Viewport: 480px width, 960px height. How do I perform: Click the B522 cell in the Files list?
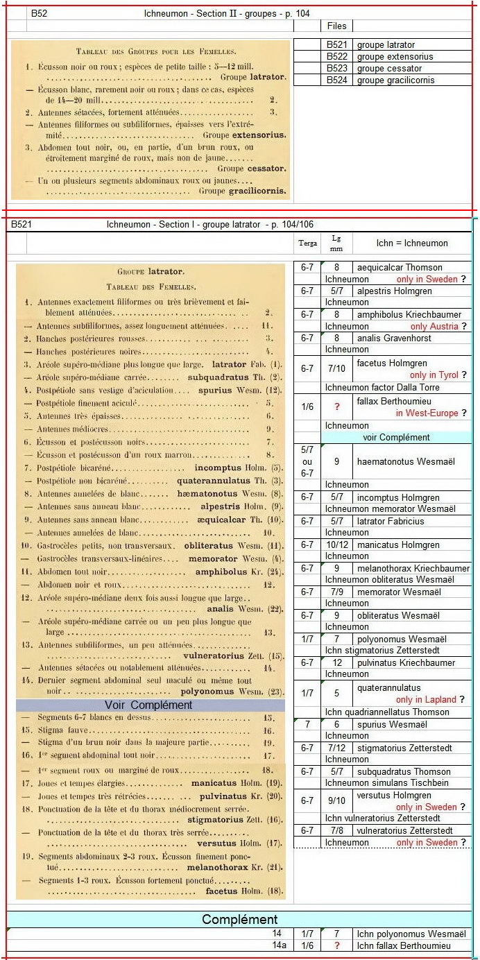tap(337, 56)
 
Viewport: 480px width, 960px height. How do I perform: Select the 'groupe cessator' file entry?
tap(389, 68)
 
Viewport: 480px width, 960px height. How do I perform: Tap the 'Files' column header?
tap(336, 26)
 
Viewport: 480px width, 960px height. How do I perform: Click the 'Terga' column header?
tap(307, 243)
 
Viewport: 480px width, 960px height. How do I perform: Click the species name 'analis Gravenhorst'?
tap(394, 338)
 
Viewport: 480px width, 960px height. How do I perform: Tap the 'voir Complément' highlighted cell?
tap(396, 438)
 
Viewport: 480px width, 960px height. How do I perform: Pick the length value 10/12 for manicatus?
tap(336, 545)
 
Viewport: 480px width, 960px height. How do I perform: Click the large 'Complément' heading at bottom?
tap(239, 919)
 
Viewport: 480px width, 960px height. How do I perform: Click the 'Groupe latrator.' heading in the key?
tap(151, 272)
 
